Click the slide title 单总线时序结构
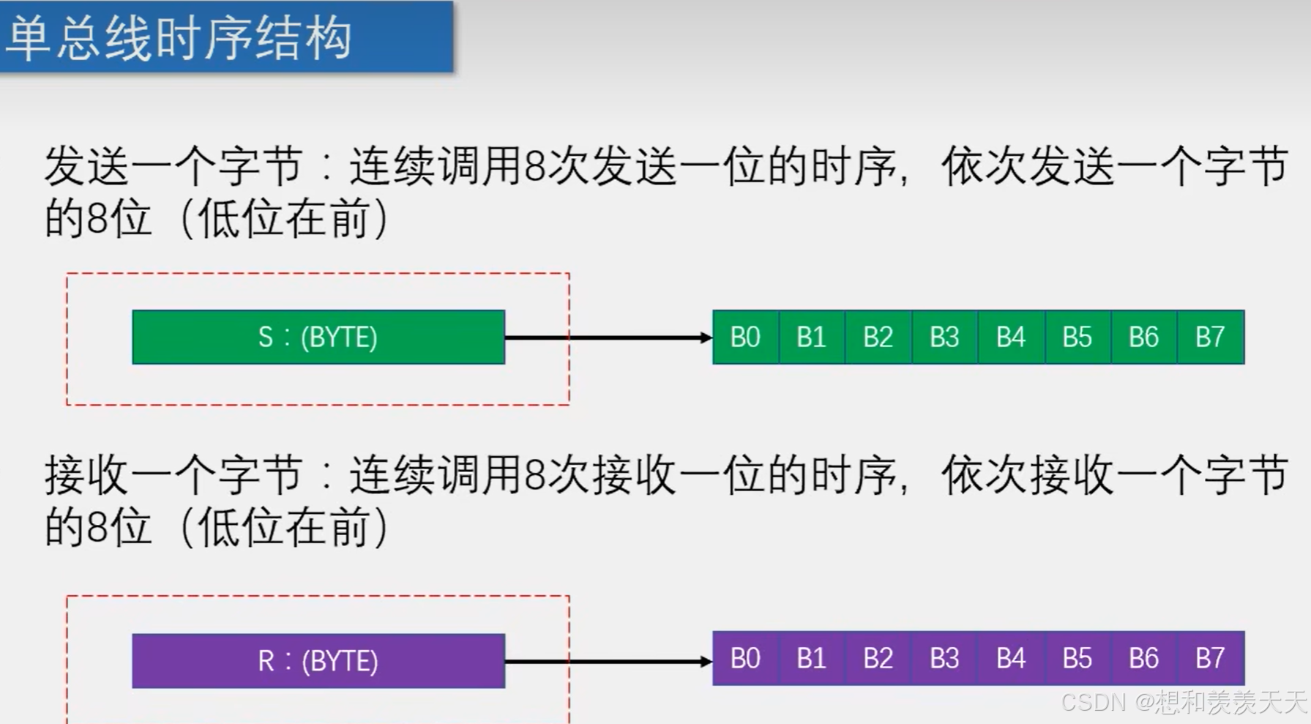[179, 38]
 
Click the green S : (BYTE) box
[318, 337]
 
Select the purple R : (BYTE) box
[318, 661]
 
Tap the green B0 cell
[745, 337]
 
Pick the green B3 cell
[944, 337]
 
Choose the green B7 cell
[1210, 337]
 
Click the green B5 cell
[1077, 337]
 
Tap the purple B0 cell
[745, 659]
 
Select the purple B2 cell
[878, 659]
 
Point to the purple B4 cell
[1011, 659]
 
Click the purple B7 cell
[1210, 659]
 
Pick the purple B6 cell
[1143, 659]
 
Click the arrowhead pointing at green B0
[706, 337]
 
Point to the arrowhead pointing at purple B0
[706, 662]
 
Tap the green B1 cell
[811, 337]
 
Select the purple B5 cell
[1077, 659]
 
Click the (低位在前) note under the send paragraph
[285, 219]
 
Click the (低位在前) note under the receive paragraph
[285, 528]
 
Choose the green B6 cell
[1143, 337]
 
